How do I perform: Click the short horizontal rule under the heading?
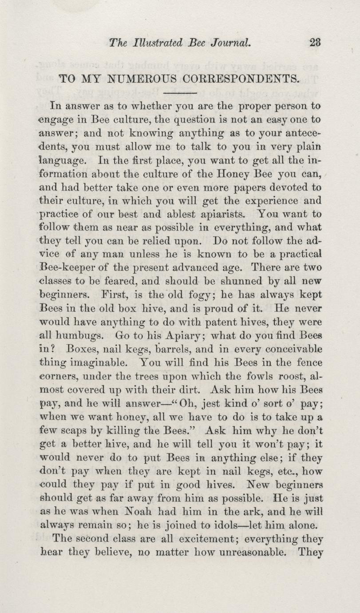[x=180, y=93]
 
